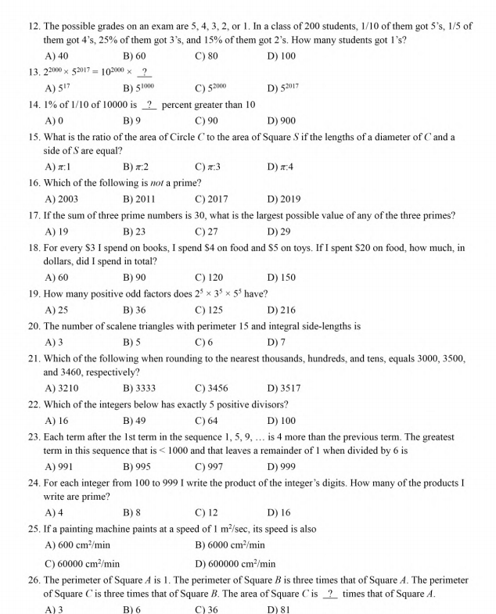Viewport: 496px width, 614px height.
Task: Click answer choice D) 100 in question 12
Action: click(281, 56)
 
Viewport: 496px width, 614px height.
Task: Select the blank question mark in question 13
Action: click(144, 72)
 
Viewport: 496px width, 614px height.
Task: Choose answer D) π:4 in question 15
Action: click(280, 167)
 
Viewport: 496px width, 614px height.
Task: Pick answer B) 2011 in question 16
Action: click(138, 199)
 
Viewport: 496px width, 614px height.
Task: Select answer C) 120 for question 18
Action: click(209, 277)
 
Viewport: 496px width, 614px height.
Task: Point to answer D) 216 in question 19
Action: click(281, 310)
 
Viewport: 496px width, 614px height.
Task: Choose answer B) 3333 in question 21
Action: click(138, 388)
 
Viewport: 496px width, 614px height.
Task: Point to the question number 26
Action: click(34, 580)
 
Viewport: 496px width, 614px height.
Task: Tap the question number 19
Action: click(34, 293)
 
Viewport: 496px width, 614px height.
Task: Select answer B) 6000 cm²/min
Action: click(230, 545)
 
